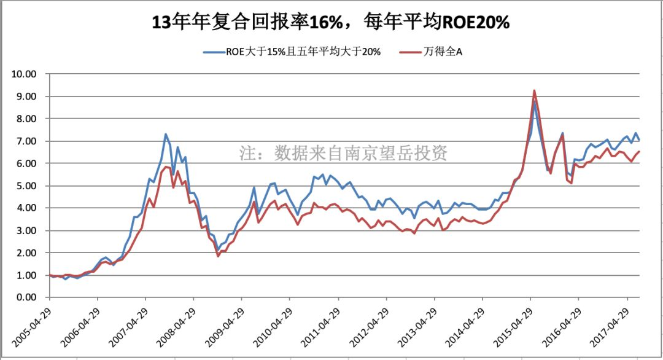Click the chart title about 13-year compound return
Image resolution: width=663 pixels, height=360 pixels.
tap(331, 23)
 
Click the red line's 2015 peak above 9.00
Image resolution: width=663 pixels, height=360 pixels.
tap(534, 91)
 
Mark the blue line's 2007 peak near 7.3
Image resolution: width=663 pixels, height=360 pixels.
tap(166, 134)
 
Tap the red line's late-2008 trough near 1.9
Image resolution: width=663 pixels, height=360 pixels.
tap(218, 256)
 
